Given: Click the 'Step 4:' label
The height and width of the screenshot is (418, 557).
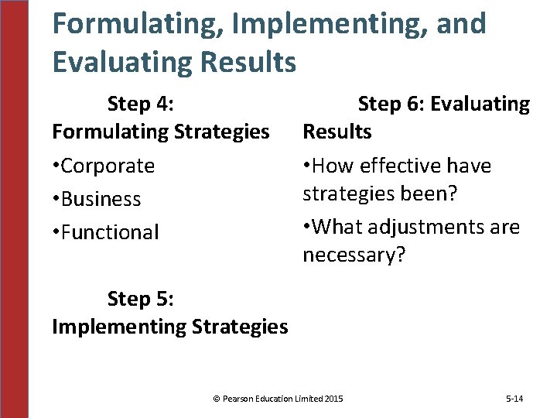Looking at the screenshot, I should click(x=140, y=104).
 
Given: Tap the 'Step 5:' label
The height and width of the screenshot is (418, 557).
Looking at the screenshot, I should click(x=140, y=298).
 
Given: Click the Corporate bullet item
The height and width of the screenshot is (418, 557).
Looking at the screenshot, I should click(x=104, y=166).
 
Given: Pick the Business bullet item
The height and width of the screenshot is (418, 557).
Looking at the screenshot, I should click(x=97, y=199).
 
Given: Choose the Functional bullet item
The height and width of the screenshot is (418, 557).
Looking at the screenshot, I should click(x=105, y=232).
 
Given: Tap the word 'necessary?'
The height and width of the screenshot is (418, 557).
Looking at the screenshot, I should click(x=354, y=255).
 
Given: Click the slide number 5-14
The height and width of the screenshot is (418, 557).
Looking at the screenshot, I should click(x=514, y=399).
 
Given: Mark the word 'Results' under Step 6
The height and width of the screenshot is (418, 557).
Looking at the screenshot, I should click(x=337, y=132).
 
